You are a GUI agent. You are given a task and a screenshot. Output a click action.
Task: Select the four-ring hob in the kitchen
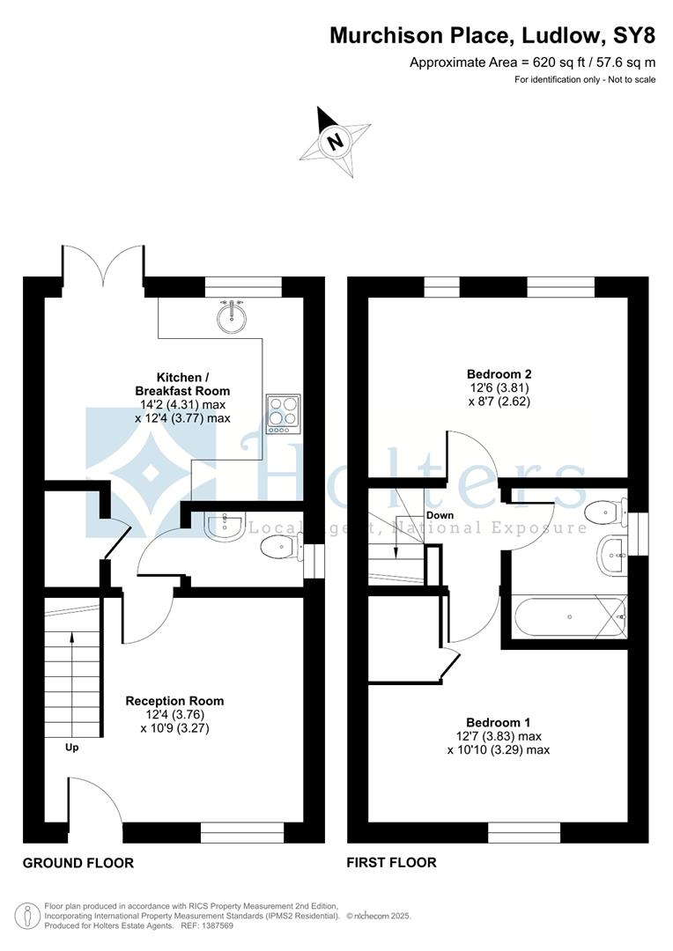283,413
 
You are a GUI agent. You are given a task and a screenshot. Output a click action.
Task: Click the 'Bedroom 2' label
498,373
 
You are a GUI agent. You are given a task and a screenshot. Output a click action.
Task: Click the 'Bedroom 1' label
498,721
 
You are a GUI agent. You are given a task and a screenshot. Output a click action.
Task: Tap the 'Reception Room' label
174,701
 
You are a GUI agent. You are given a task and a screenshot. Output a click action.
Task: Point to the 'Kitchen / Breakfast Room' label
183,384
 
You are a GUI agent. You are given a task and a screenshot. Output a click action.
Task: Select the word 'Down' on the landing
440,515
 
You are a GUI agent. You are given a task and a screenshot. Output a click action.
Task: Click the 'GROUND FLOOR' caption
78,863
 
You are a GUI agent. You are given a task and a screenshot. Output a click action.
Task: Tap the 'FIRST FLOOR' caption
392,863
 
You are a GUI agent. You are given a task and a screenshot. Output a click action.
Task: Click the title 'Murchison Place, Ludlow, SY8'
492,35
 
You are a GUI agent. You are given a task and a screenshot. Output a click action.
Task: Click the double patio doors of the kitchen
102,267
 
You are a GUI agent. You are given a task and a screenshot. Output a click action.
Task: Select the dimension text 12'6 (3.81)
498,387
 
